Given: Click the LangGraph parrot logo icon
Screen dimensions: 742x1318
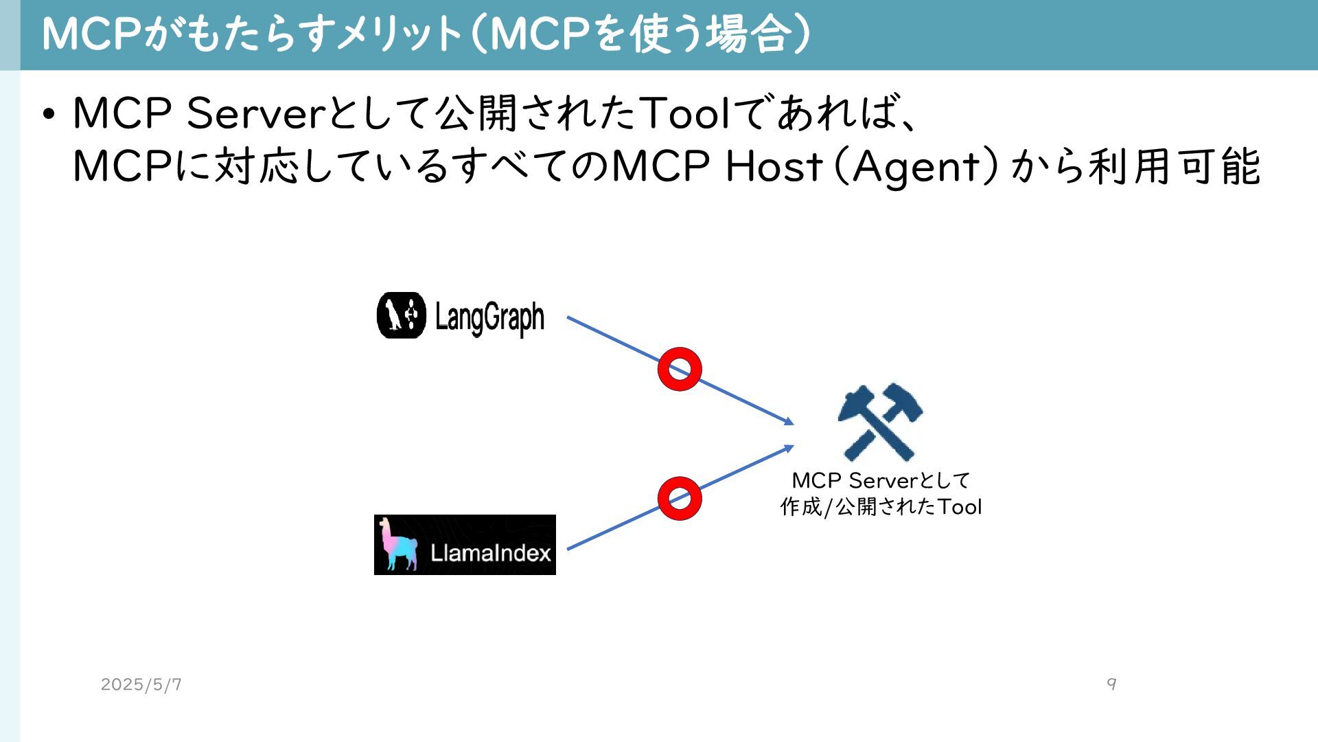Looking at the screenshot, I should point(401,316).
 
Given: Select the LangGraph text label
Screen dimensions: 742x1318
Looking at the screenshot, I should point(489,317).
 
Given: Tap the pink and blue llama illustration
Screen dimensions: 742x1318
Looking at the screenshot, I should point(399,545).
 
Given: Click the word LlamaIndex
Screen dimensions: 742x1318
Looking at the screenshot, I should point(490,553).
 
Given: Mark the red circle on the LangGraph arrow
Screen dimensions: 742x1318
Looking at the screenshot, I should point(680,369).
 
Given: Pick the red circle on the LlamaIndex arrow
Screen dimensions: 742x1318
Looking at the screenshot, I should point(680,498).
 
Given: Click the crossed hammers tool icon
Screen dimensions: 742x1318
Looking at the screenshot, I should point(880,422).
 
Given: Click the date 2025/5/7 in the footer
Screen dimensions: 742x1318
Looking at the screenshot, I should point(141,684).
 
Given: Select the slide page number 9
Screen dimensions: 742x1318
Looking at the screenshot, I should point(1111,684).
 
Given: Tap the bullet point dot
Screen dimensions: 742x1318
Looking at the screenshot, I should point(48,113).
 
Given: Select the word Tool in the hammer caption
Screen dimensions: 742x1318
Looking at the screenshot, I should point(960,507).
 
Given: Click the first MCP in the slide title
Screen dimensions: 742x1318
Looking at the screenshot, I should point(92,34).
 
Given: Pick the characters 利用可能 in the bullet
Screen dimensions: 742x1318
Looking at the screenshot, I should point(1174,166).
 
